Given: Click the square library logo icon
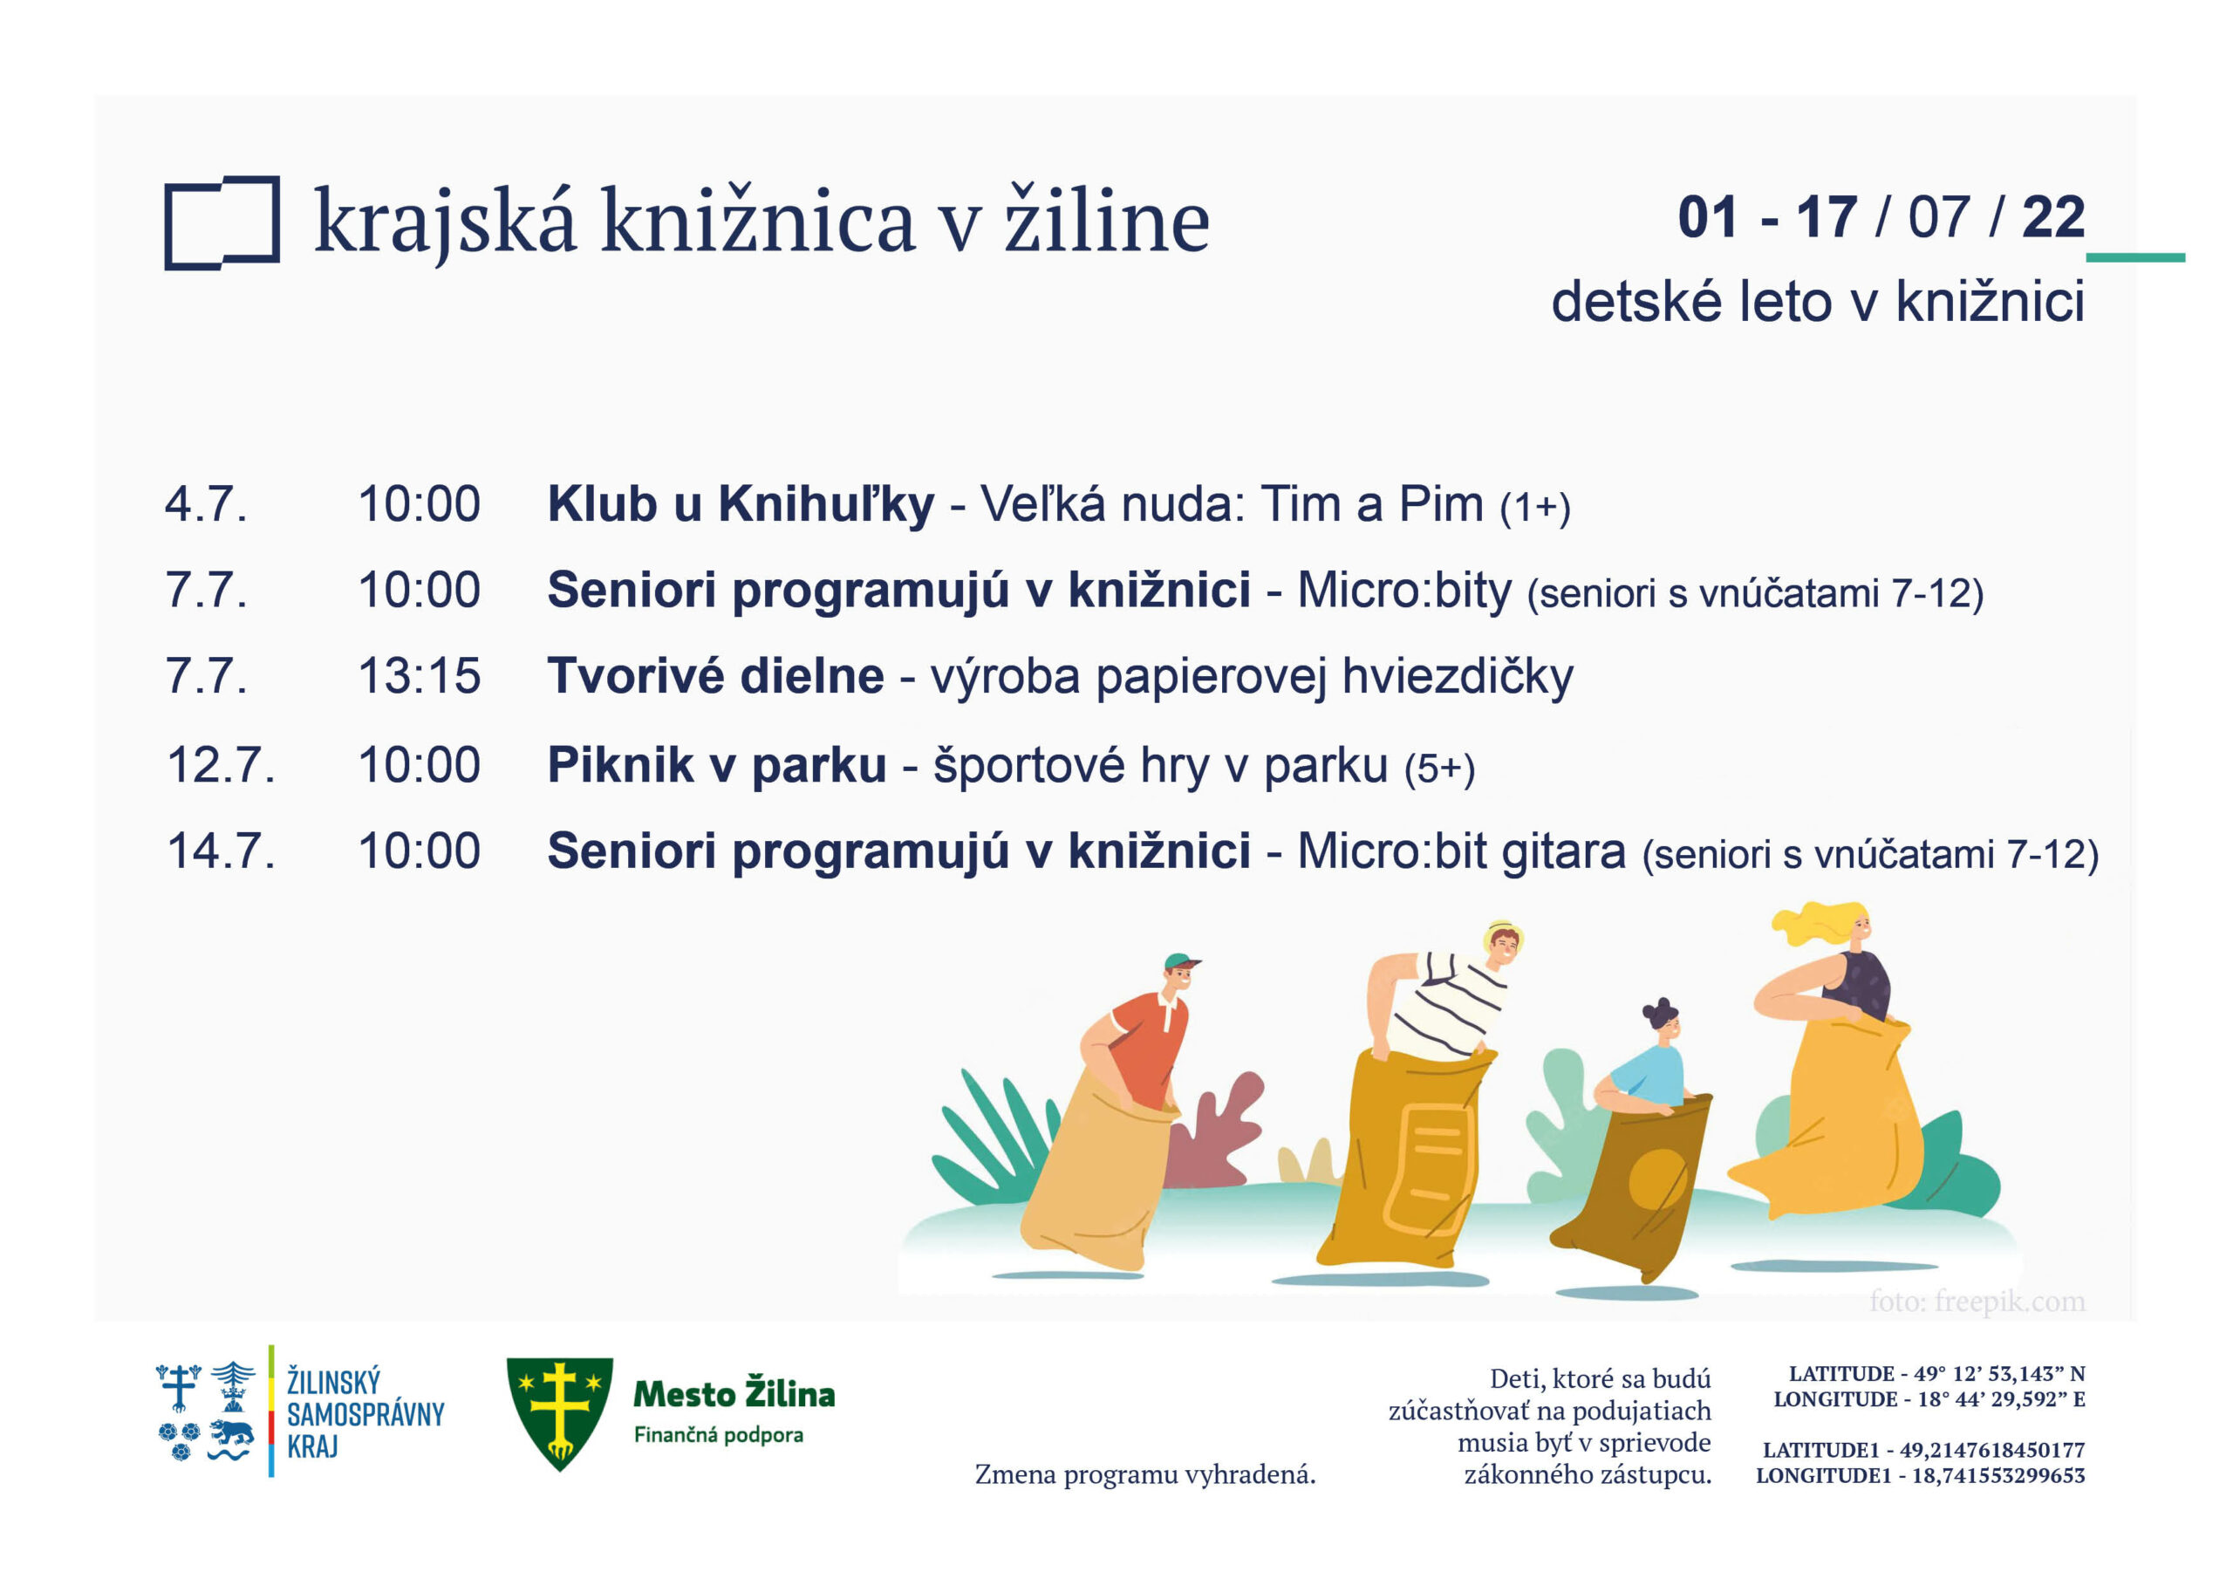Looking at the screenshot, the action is pyautogui.click(x=222, y=224).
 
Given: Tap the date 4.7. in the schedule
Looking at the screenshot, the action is pyautogui.click(x=206, y=505).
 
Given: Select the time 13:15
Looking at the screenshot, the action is pyautogui.click(x=420, y=676).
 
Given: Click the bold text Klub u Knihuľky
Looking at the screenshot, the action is pyautogui.click(x=741, y=506).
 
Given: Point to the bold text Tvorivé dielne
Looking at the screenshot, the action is pyautogui.click(x=716, y=676).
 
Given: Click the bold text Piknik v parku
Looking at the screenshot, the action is pyautogui.click(x=717, y=767).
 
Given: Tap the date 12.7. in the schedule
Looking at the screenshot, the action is pyautogui.click(x=221, y=766).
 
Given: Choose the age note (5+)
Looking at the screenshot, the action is pyautogui.click(x=1439, y=769).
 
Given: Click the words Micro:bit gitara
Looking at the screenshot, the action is pyautogui.click(x=1461, y=852).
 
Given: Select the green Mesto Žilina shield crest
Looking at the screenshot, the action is pyautogui.click(x=559, y=1412).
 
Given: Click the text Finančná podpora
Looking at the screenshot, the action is pyautogui.click(x=719, y=1435).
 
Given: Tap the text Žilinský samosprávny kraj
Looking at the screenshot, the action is pyautogui.click(x=365, y=1412).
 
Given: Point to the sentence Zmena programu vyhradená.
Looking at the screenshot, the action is pyautogui.click(x=1144, y=1475).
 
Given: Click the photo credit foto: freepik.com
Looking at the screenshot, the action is pyautogui.click(x=1977, y=1302).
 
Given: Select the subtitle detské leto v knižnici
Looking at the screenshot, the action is pyautogui.click(x=1818, y=302).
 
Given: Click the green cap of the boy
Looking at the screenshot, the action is pyautogui.click(x=1181, y=963).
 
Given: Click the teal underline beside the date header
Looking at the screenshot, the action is pyautogui.click(x=2136, y=258).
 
